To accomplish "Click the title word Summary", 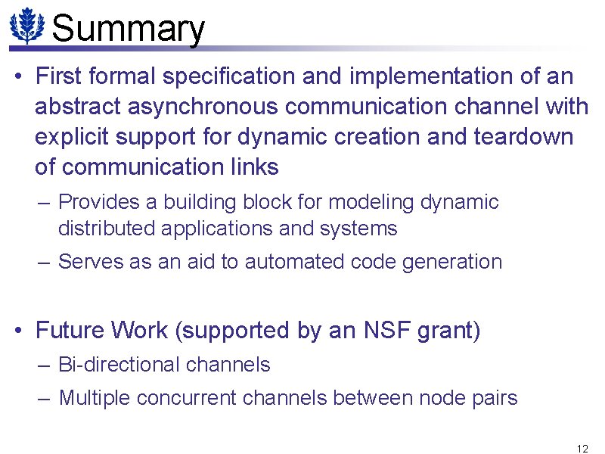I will click(129, 29).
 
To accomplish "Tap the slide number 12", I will click(582, 448).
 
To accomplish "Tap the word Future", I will click(70, 331).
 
